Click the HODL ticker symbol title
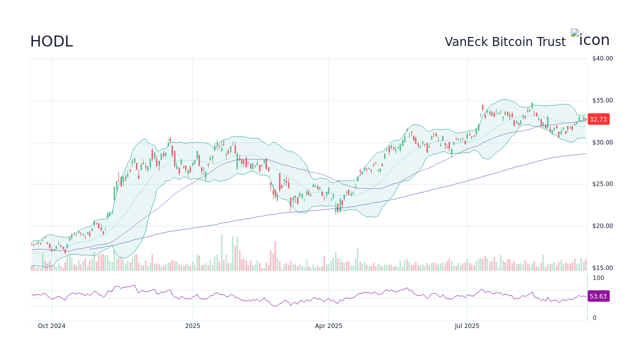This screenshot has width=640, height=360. pos(51,41)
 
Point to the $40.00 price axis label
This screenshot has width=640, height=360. pos(602,58)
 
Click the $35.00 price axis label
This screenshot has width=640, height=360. pos(602,100)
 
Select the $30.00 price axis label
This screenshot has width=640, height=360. pos(602,142)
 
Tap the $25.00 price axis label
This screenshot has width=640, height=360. pos(602,184)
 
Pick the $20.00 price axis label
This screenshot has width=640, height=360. pos(602,226)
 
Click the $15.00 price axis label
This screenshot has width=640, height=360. pos(602,268)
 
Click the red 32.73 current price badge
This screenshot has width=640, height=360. pos(598,119)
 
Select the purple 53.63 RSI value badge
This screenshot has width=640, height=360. pos(598,296)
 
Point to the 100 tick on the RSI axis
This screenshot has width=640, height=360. pos(598,278)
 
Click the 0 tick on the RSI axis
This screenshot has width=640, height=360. pos(594,318)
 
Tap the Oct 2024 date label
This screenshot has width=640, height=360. pos(51,326)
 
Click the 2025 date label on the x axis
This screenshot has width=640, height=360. pos(192,326)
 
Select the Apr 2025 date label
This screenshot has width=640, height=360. pos(328,326)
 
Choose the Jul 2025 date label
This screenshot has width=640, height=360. pos(467,326)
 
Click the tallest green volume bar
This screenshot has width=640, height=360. pos(222,253)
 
